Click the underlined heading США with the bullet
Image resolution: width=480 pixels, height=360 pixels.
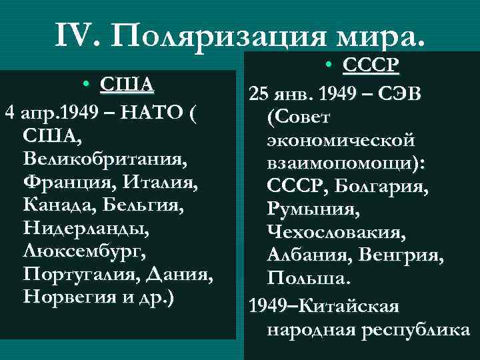(126, 85)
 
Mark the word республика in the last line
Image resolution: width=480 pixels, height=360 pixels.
(408, 329)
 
